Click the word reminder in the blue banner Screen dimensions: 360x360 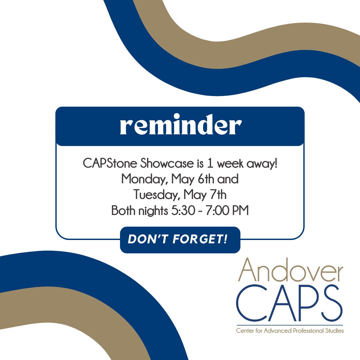(x=180, y=126)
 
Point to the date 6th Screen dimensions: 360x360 (x=205, y=179)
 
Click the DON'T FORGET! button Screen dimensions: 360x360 (x=180, y=240)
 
